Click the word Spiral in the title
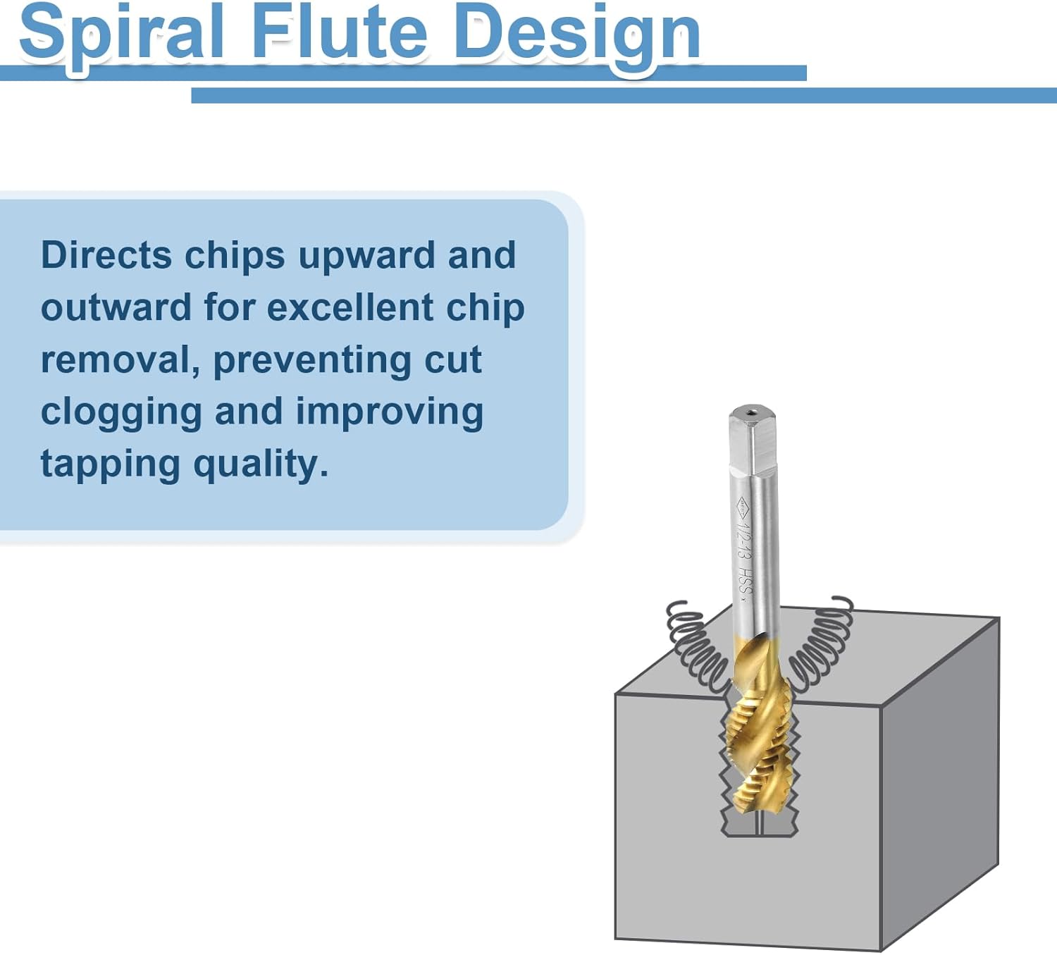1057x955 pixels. [121, 32]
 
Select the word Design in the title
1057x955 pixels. [577, 32]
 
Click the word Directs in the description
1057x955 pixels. [106, 255]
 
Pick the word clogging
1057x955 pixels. [120, 413]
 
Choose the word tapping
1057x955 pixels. [110, 465]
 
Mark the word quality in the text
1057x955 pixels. [260, 465]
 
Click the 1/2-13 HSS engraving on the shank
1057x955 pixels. [744, 550]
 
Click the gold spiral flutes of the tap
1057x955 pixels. [758, 740]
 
